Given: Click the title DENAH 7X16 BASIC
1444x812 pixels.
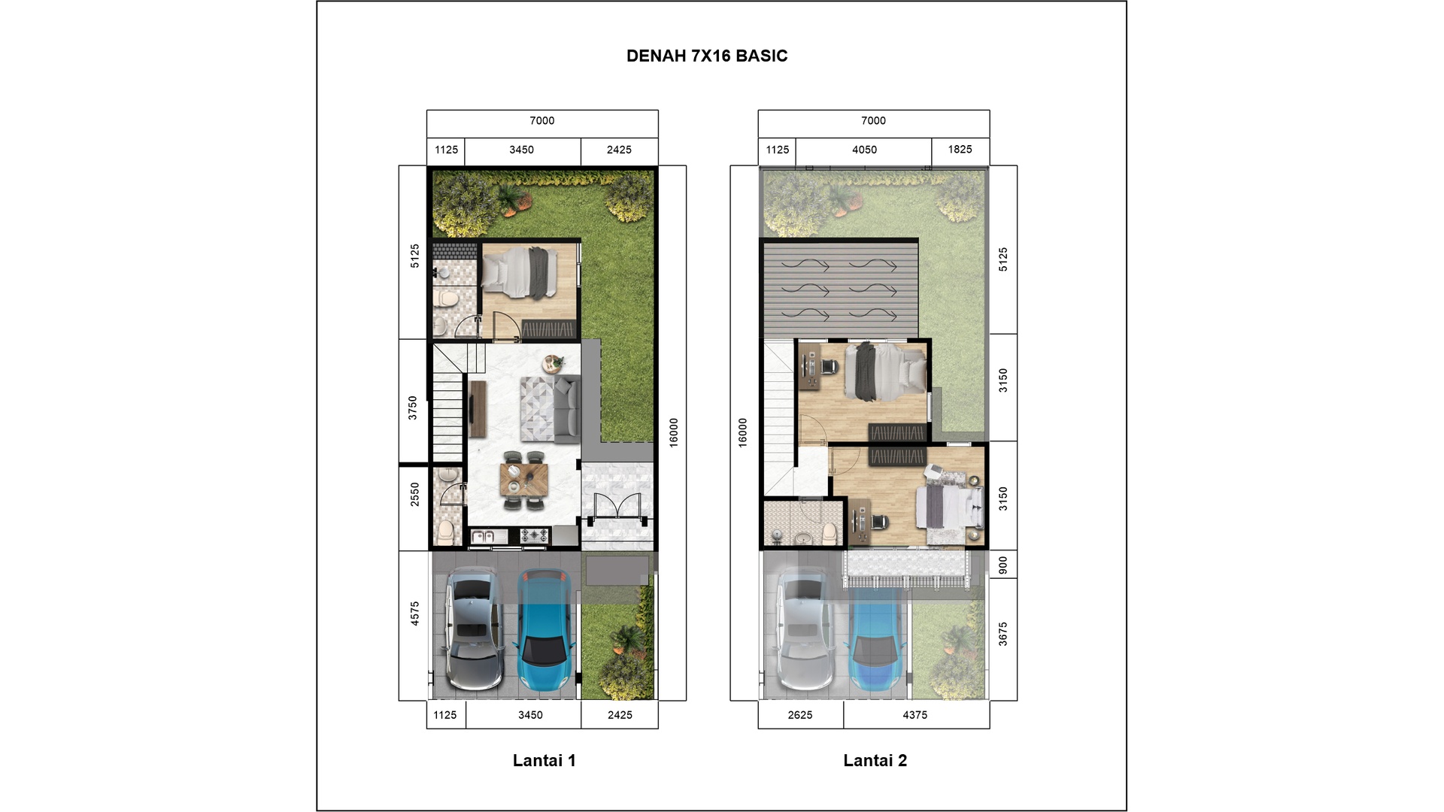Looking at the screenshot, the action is point(707,56).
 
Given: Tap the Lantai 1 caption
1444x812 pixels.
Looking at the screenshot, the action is point(544,760).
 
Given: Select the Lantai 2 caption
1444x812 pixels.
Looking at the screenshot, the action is point(875,760).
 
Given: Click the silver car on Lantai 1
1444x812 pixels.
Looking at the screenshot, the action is point(472,628).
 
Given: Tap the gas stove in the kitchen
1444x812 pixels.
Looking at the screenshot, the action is point(534,535).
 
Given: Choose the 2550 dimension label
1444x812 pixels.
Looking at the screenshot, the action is point(414,494).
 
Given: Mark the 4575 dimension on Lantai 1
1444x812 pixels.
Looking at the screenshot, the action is point(414,614).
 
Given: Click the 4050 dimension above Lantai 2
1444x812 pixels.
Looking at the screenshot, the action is point(864,150).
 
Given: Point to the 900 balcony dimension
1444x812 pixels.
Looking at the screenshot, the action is point(1003,565).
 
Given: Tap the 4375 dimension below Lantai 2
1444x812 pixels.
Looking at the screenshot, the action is point(915,715).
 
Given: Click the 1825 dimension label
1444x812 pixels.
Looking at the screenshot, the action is point(960,149).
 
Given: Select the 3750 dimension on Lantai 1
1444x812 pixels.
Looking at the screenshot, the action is point(412,408).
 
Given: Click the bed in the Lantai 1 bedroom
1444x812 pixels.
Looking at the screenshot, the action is point(520,271).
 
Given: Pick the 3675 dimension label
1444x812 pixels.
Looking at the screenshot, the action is point(1003,634).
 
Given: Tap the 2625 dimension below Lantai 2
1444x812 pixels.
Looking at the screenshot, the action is point(800,715).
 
